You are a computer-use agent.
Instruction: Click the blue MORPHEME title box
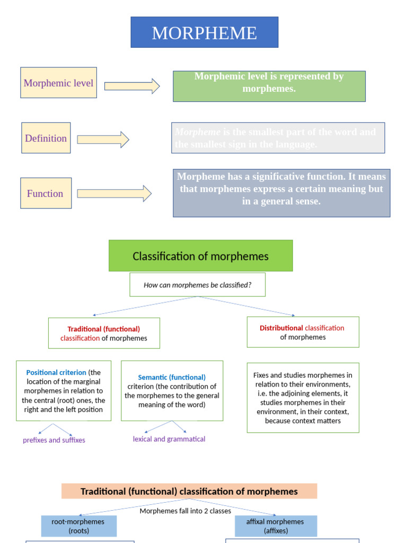pos(204,32)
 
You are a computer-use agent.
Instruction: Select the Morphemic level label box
pos(58,83)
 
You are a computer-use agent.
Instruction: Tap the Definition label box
pos(46,138)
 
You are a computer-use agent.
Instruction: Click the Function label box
pos(46,193)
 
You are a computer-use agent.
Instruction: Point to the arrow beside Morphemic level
pos(131,86)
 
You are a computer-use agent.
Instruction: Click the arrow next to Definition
pos(103,139)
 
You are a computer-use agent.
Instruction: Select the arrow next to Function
pos(114,194)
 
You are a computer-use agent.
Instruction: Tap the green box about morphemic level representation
pos(269,86)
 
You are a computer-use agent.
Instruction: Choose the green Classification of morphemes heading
pos(200,256)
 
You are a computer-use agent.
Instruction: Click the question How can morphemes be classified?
pos(197,285)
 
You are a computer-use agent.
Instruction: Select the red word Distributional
pos(281,328)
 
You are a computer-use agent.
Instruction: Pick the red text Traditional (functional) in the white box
pos(104,329)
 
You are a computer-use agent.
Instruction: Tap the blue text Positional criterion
pos(57,372)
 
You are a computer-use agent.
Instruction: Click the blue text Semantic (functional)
pos(172,377)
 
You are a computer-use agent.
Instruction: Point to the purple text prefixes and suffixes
pos(54,440)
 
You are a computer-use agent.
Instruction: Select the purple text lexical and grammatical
pos(169,439)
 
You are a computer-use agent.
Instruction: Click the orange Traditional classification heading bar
pos(189,491)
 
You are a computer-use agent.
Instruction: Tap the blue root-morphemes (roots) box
pos(78,526)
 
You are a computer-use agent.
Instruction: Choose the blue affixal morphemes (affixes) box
pos(275,526)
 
